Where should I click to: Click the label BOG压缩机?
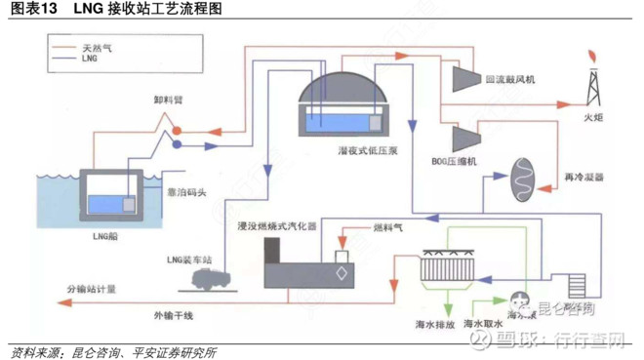point(454,162)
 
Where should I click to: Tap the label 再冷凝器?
point(584,178)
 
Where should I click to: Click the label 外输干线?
point(173,315)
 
